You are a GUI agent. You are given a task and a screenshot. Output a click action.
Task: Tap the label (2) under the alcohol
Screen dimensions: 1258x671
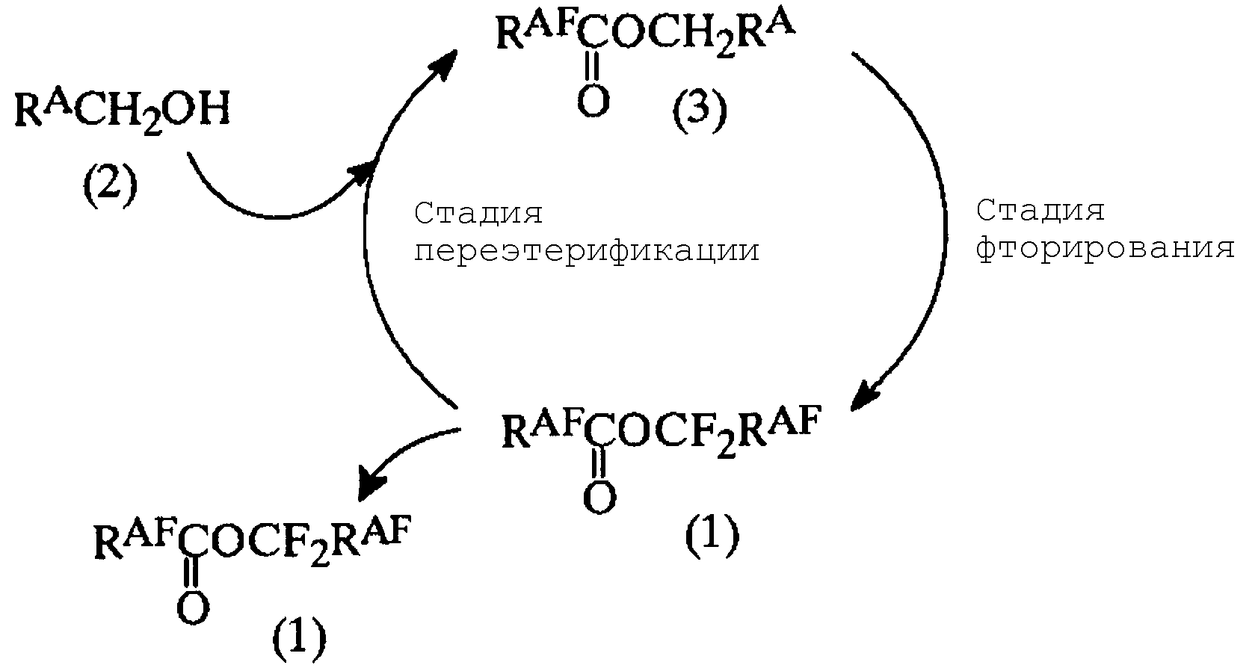110,188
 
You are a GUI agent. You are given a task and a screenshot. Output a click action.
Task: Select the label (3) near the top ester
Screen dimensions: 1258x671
700,112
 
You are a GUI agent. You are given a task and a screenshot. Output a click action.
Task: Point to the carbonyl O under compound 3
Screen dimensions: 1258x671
593,102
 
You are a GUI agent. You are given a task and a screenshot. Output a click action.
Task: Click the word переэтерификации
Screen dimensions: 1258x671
587,251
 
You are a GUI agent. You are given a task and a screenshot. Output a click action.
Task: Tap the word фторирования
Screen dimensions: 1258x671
1106,248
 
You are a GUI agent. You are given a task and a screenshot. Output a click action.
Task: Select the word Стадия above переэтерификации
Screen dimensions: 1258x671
478,214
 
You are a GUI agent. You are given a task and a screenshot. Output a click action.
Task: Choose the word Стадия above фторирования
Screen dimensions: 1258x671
1040,211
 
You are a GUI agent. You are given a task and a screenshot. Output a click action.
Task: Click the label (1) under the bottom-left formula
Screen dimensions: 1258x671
299,639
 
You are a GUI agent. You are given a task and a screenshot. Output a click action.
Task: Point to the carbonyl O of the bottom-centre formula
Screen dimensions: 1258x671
599,498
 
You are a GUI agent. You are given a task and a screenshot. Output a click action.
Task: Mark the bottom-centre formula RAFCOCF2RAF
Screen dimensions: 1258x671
661,432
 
